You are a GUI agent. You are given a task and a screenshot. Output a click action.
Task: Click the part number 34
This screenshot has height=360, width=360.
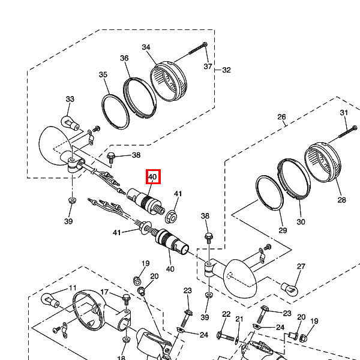(146, 47)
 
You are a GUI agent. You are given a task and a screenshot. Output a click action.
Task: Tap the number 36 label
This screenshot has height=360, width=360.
(124, 58)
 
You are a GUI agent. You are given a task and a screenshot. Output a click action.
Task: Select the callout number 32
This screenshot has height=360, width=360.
(226, 70)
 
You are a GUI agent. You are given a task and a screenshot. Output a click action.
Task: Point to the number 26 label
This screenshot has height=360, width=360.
(282, 117)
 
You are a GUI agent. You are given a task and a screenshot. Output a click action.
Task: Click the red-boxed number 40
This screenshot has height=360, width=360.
(152, 177)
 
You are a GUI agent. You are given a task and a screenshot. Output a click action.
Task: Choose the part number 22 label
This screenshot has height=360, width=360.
(226, 314)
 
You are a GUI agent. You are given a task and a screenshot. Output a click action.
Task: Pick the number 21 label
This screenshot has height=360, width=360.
(239, 319)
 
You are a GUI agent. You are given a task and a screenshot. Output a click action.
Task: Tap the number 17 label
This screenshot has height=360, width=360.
(104, 292)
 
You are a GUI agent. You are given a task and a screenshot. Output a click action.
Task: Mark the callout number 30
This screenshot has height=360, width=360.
(301, 222)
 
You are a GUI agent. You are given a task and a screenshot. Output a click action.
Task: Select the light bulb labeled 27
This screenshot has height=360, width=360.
(290, 289)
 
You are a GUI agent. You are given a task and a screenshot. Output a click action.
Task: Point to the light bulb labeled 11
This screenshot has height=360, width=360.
(50, 300)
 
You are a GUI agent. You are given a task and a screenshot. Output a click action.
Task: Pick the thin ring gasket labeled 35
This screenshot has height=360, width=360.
(115, 112)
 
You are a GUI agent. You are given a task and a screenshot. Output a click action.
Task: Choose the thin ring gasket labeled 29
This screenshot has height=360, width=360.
(269, 193)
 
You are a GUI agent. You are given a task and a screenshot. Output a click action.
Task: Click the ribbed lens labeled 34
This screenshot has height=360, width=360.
(168, 81)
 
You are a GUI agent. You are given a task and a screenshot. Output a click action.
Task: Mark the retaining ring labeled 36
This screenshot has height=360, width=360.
(140, 98)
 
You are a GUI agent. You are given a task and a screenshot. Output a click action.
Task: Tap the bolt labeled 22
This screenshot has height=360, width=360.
(226, 337)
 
